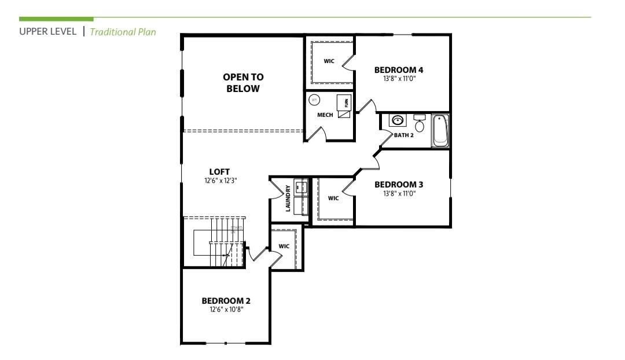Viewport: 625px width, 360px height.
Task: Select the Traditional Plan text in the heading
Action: point(123,31)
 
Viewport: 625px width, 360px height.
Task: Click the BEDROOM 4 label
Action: point(399,70)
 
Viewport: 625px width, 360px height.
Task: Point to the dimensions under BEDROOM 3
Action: point(399,193)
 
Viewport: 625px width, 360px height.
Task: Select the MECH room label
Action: point(325,115)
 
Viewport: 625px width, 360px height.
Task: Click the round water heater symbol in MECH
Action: point(314,100)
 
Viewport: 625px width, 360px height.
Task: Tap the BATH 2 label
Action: point(403,135)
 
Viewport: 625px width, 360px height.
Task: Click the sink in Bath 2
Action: point(398,121)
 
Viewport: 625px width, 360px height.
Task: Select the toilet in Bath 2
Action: point(420,123)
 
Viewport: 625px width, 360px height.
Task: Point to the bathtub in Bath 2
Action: point(440,131)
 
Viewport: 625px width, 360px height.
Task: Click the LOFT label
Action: point(220,171)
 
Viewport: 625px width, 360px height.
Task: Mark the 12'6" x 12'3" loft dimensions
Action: point(220,180)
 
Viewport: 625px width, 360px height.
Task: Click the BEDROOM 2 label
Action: point(226,301)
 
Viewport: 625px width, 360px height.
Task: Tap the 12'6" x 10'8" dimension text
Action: point(226,310)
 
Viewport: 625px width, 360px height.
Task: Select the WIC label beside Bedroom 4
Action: point(329,61)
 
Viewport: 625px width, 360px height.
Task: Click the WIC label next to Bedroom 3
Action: point(333,198)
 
